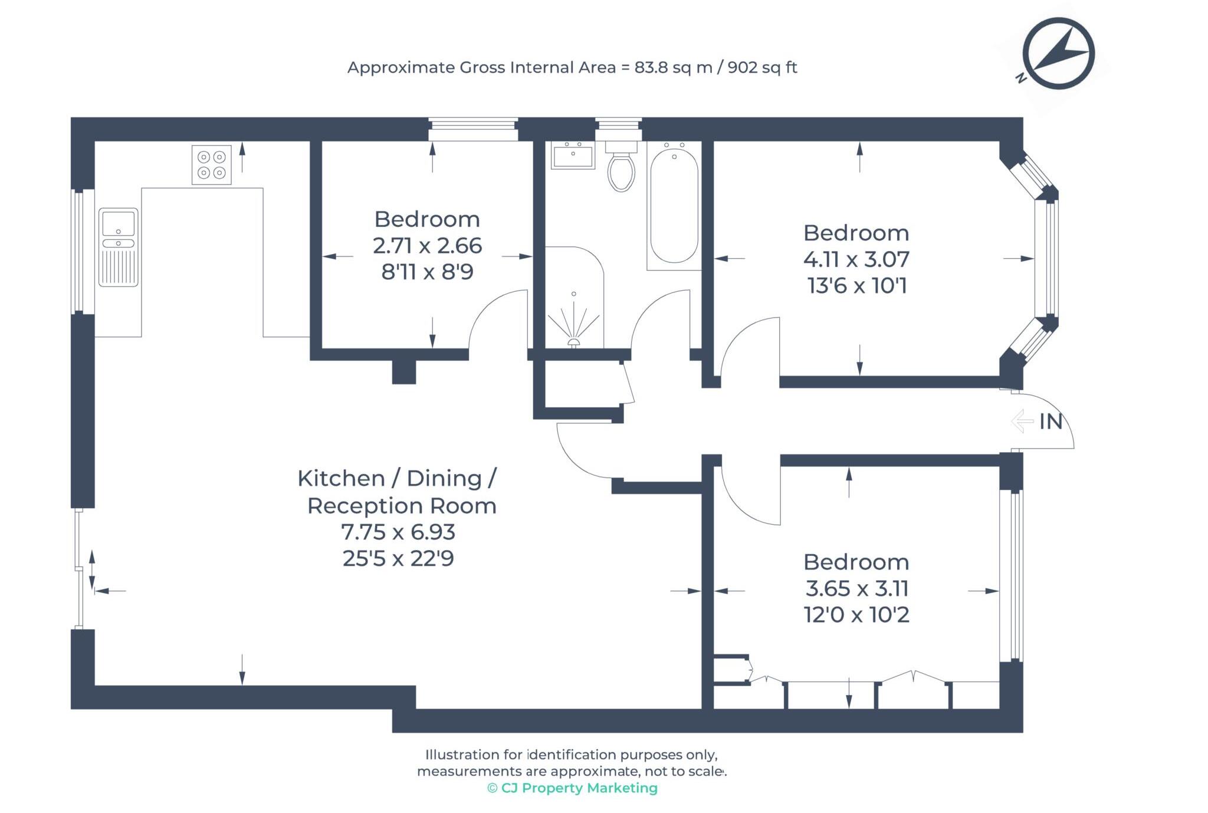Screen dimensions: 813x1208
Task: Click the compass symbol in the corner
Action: [x=1058, y=54]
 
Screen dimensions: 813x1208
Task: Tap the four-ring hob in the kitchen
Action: [x=211, y=164]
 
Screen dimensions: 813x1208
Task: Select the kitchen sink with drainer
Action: [x=118, y=247]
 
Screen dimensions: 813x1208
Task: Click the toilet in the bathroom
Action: [x=621, y=170]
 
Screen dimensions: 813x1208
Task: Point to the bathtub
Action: [x=674, y=206]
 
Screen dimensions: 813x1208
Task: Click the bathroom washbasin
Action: [x=573, y=155]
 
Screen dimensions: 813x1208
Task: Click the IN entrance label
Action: [x=1051, y=422]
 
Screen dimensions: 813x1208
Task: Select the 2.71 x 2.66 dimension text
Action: [x=427, y=245]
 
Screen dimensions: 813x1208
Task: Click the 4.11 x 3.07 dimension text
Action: [x=856, y=259]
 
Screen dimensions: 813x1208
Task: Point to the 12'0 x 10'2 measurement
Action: [x=856, y=615]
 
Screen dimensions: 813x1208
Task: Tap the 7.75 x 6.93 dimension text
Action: [x=398, y=532]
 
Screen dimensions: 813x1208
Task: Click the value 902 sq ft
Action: [x=762, y=67]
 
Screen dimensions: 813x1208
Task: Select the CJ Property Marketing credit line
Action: [x=572, y=788]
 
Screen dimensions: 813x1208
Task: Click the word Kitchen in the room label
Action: [x=341, y=478]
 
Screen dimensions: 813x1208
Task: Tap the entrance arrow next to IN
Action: [x=1023, y=422]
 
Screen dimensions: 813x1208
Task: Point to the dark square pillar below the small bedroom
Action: [x=404, y=372]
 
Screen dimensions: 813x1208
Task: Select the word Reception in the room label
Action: [x=365, y=506]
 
